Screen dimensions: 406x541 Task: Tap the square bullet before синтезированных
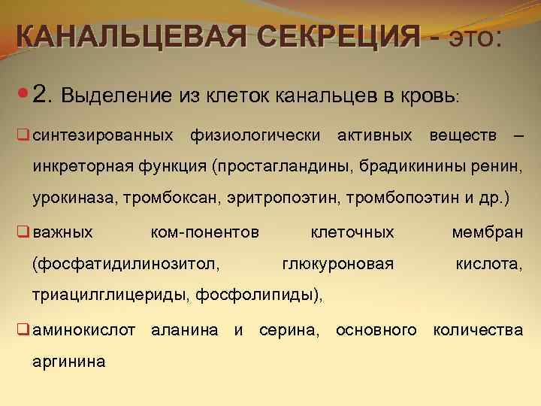click(x=23, y=135)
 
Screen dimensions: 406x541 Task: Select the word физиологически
click(x=255, y=135)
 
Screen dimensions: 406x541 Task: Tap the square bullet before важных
click(x=23, y=232)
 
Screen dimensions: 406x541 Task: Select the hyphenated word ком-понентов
click(x=205, y=232)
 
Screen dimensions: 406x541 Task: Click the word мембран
click(x=487, y=232)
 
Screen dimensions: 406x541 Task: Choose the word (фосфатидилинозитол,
click(x=126, y=264)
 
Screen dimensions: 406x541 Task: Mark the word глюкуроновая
click(x=338, y=264)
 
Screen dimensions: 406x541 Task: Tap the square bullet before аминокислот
click(x=23, y=329)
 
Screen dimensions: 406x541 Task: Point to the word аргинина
click(x=68, y=362)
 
